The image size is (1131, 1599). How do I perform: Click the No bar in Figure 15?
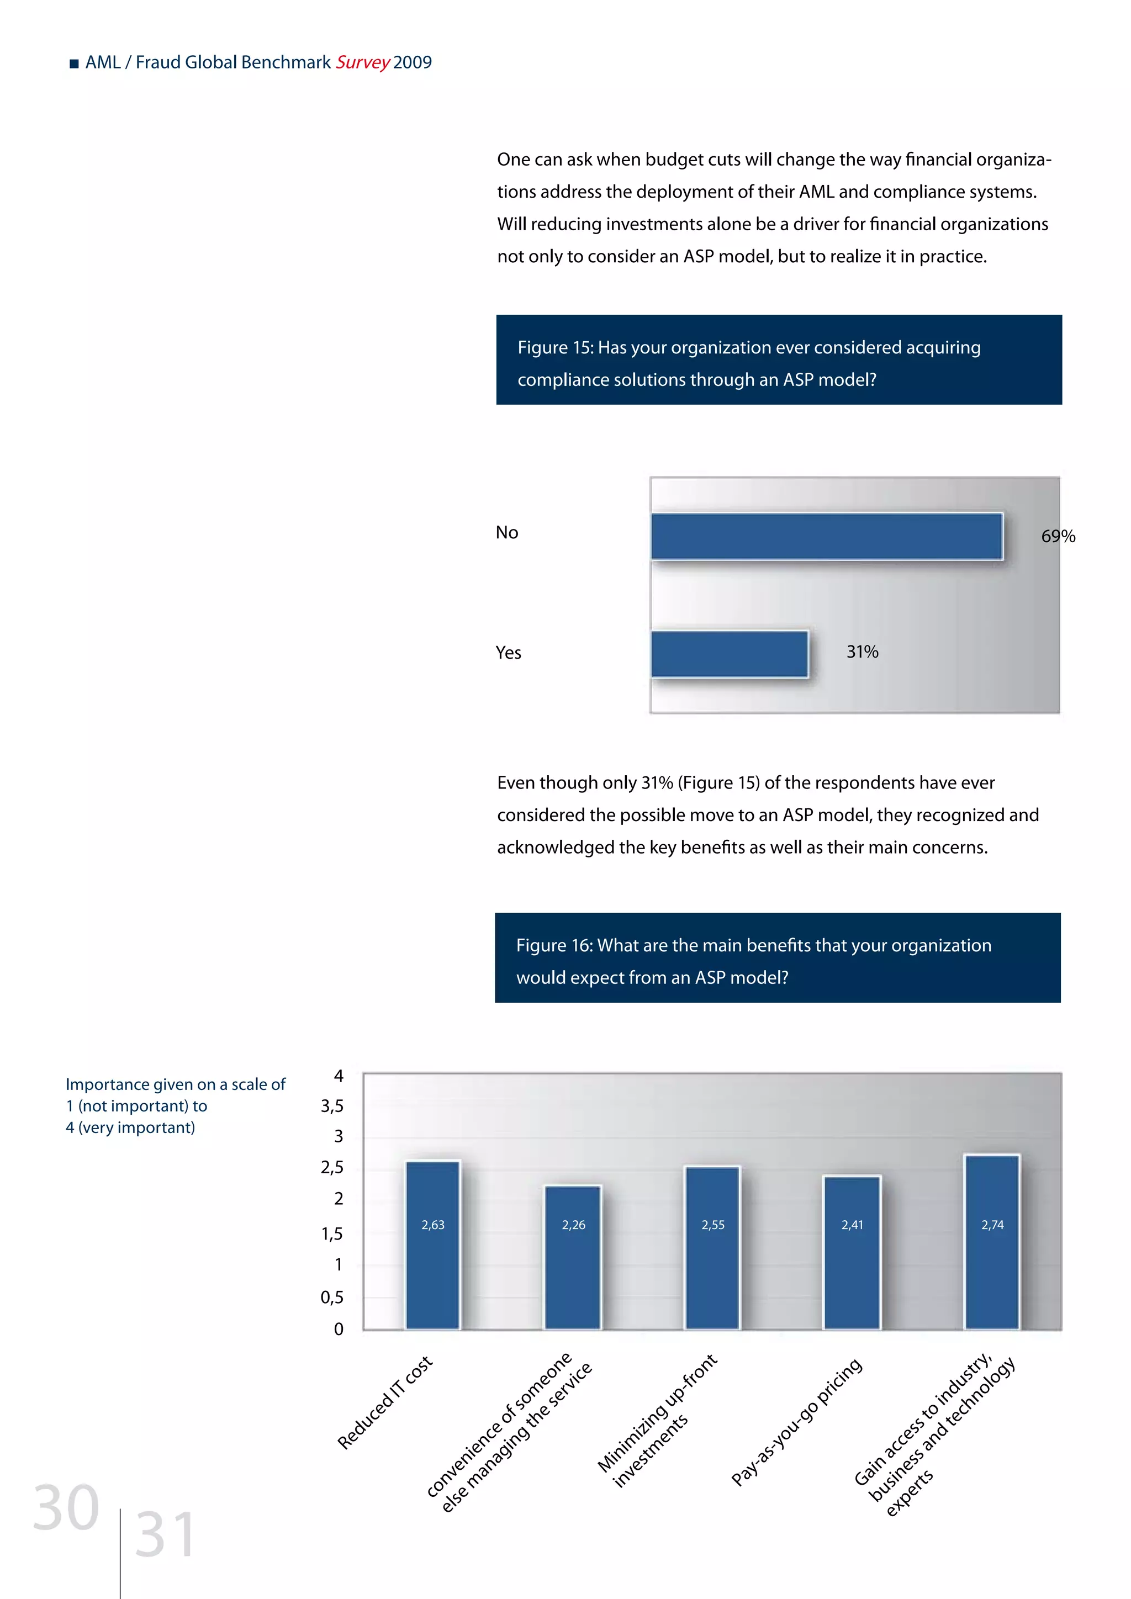click(x=827, y=536)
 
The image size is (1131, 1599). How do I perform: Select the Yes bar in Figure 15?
click(x=729, y=654)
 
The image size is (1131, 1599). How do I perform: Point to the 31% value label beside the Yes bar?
click(x=862, y=652)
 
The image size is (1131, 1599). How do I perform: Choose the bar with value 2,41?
click(x=852, y=1253)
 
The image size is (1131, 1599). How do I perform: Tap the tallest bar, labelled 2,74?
click(x=992, y=1242)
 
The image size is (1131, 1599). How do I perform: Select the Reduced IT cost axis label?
click(x=385, y=1402)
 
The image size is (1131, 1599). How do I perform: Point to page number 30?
click(x=66, y=1508)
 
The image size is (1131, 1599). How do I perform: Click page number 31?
click(x=165, y=1535)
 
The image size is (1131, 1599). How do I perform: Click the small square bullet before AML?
click(x=74, y=64)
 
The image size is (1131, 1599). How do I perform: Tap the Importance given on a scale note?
click(x=175, y=1105)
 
